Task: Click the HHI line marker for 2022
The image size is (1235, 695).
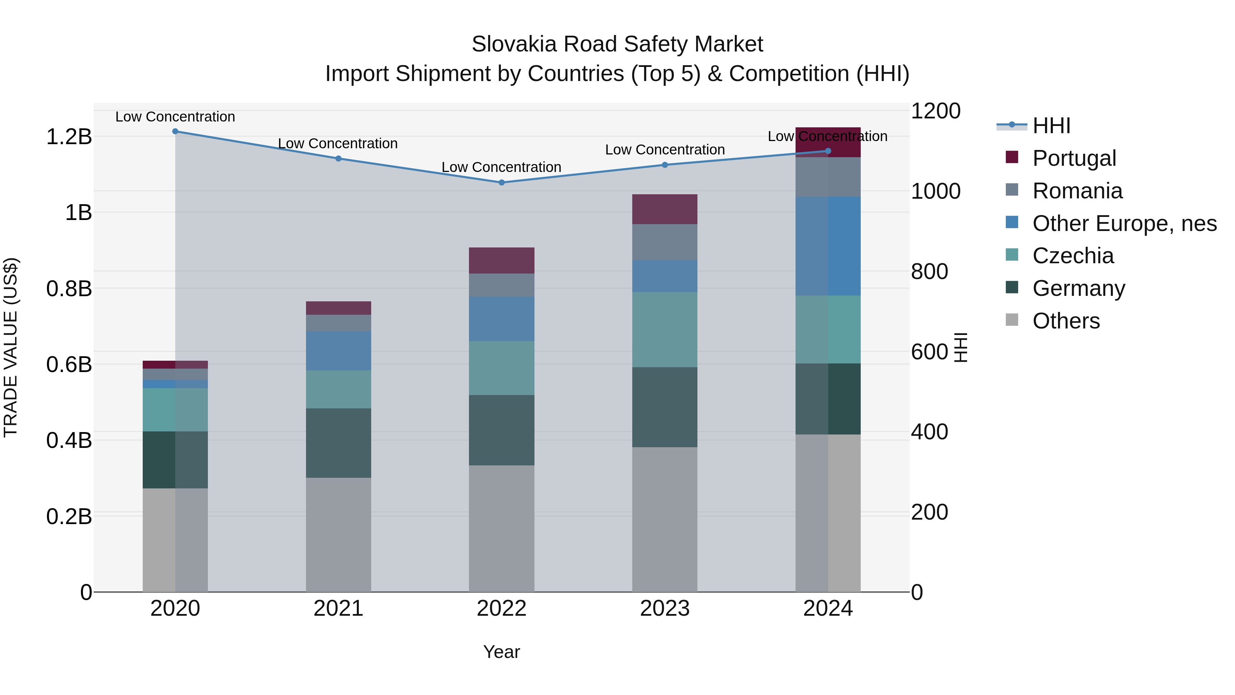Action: (502, 182)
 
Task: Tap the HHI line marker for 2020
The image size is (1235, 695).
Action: (175, 131)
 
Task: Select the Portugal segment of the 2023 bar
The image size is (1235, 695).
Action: (664, 209)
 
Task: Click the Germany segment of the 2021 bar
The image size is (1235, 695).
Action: (339, 443)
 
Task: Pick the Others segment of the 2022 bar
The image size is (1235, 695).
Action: (502, 528)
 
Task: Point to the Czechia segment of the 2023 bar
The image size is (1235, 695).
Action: (664, 329)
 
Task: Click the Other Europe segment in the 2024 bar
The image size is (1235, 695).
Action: (828, 246)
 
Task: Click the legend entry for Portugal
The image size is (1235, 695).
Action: (1074, 158)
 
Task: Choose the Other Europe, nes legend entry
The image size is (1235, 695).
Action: (1124, 223)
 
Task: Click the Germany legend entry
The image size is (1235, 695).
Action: (1078, 288)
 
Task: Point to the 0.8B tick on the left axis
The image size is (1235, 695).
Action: (69, 289)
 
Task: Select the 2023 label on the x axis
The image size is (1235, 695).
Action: (664, 609)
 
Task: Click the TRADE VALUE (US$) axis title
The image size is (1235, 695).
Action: (11, 347)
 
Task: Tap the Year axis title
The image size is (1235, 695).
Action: (502, 652)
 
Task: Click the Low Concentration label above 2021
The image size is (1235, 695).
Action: (338, 143)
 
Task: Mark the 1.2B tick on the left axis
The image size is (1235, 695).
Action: (69, 137)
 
